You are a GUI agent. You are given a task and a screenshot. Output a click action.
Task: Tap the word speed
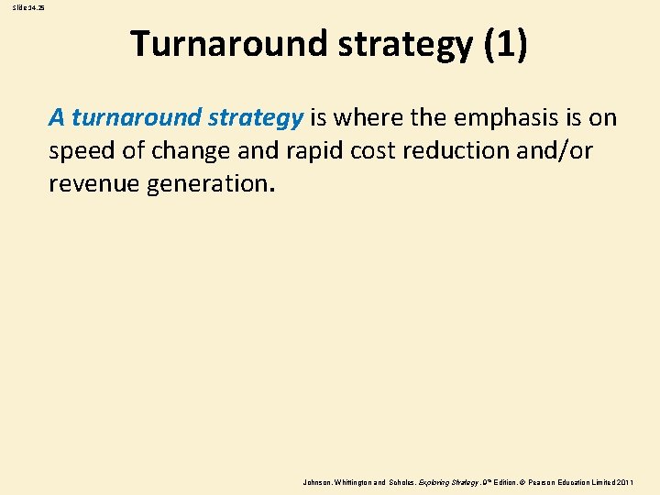click(82, 150)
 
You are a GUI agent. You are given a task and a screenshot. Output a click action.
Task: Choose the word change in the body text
click(194, 150)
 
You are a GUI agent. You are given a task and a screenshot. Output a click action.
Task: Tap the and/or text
click(555, 150)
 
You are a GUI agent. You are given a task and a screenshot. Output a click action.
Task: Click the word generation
click(204, 182)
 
